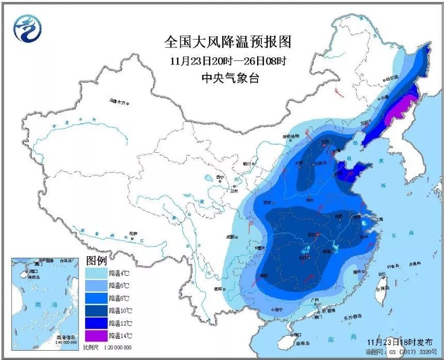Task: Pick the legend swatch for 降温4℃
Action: (96, 272)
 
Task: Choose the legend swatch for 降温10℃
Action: (96, 310)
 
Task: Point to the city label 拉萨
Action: (134, 233)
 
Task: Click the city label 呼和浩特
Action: (290, 136)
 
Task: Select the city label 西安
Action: (267, 202)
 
